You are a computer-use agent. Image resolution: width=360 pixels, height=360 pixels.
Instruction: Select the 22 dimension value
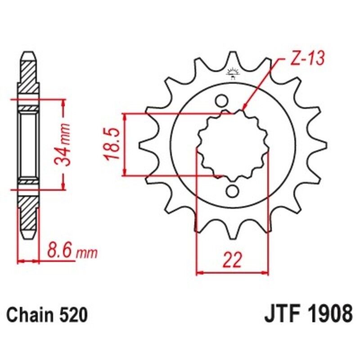232,260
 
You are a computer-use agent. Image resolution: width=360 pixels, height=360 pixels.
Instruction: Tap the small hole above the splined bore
221,99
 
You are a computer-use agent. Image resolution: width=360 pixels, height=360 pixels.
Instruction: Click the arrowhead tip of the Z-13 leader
243,109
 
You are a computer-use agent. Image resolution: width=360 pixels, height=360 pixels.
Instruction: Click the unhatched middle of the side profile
28,144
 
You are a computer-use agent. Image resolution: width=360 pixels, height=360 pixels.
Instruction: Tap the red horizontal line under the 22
232,272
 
